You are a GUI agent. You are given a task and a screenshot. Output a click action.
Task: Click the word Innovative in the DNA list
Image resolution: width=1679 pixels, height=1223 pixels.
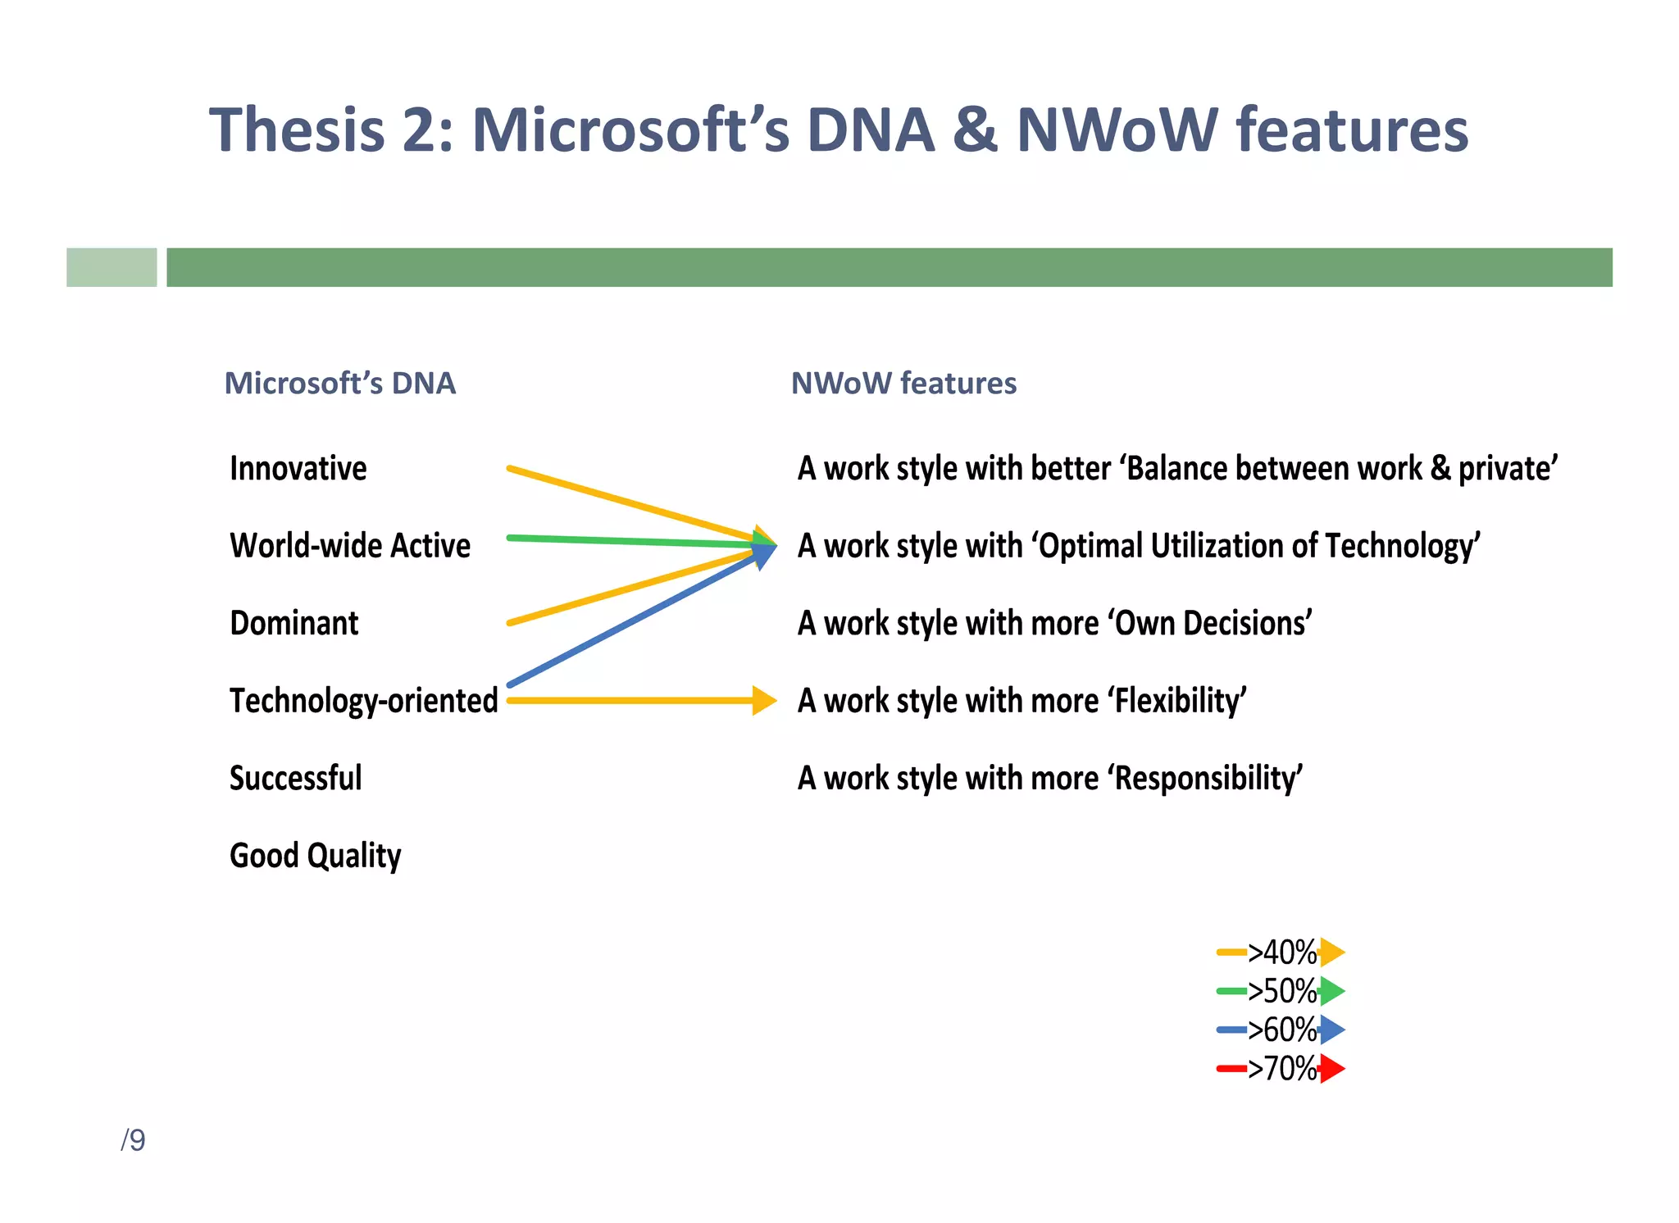[298, 469]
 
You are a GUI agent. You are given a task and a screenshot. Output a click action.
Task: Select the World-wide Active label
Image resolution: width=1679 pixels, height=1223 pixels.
[350, 546]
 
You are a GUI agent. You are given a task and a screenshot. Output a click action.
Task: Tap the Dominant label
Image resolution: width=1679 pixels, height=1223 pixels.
[293, 624]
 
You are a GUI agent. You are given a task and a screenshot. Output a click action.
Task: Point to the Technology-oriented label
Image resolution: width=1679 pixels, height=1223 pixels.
[363, 701]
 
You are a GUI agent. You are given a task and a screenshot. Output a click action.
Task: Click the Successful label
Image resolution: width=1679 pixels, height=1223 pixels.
[295, 778]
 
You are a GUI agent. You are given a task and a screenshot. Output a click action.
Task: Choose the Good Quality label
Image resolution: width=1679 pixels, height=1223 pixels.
[315, 856]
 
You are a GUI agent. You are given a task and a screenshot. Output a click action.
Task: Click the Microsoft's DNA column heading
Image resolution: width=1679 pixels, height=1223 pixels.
[339, 384]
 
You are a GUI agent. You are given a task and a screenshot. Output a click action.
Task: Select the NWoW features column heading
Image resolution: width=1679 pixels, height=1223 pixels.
[903, 384]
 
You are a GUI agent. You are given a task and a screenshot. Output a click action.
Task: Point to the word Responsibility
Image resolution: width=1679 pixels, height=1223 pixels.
[1207, 778]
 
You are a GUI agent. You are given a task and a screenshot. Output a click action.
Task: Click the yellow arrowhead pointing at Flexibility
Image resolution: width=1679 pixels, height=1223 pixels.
[764, 701]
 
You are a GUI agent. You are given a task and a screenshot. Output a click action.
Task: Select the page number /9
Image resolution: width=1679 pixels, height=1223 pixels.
[133, 1140]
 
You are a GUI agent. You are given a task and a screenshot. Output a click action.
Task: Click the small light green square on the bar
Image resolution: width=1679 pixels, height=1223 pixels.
[111, 267]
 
